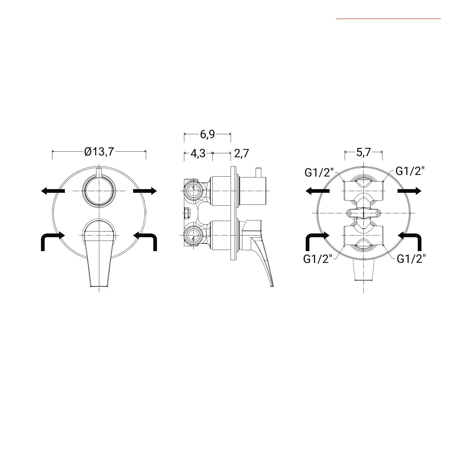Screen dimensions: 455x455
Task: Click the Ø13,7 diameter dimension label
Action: coord(99,152)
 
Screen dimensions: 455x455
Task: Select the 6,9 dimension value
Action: coord(208,134)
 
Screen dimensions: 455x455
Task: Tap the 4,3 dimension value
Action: coord(198,153)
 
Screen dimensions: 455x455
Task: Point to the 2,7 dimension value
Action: coord(242,153)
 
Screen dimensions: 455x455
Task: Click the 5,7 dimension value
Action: coord(364,152)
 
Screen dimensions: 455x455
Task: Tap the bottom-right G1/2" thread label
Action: coord(411,259)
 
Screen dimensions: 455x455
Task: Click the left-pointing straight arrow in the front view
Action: coord(53,191)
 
